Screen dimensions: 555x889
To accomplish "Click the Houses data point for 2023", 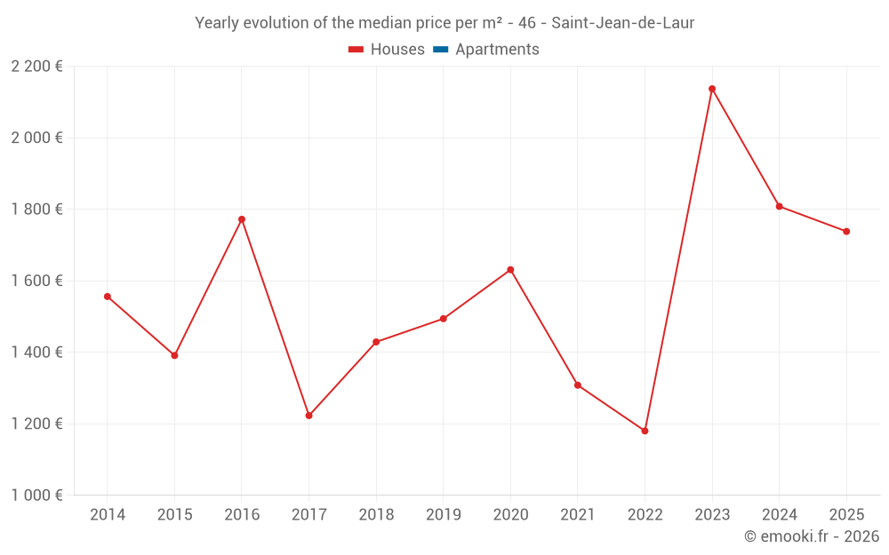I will click(712, 89).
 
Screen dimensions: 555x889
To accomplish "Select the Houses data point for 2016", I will click(242, 219).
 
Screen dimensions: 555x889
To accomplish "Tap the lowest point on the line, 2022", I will click(645, 431).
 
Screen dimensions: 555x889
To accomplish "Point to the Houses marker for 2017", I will click(308, 416).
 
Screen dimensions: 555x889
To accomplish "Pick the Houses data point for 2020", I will click(510, 270).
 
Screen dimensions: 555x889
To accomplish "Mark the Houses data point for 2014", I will click(108, 297).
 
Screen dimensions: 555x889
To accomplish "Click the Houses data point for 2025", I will click(846, 232).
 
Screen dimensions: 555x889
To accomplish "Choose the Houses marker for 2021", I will click(578, 385).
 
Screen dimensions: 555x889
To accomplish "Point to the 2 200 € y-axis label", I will click(36, 67).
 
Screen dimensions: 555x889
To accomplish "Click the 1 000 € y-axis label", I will click(36, 496).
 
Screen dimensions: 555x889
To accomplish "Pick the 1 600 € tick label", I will click(36, 281).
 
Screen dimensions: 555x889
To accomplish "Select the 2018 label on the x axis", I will click(376, 515).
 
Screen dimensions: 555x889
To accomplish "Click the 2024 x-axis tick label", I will click(779, 515).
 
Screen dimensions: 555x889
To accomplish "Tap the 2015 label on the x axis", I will click(174, 515).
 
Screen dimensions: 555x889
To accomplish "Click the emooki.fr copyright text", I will click(811, 536).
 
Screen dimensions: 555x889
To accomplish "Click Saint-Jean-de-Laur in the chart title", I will click(622, 23).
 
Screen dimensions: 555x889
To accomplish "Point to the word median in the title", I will click(383, 23).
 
